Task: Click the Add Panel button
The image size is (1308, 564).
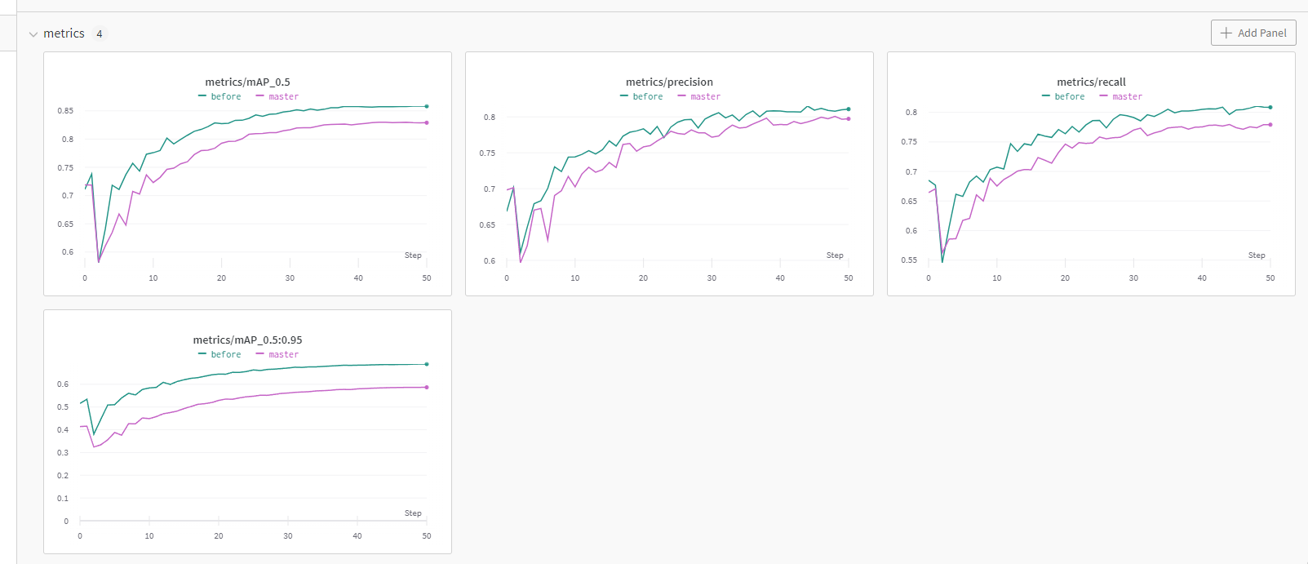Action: point(1253,33)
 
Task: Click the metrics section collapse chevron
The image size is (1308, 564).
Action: point(33,34)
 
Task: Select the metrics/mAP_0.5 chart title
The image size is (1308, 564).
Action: point(247,82)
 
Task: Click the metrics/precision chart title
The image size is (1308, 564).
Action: point(669,82)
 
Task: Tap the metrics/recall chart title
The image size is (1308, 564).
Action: point(1091,82)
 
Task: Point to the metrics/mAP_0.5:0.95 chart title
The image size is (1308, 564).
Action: point(247,340)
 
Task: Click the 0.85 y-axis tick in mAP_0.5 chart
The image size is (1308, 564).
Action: point(65,110)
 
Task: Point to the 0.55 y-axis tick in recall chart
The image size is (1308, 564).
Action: point(909,260)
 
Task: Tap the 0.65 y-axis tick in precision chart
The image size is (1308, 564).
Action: point(487,224)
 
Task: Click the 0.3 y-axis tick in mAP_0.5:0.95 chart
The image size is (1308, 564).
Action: point(63,452)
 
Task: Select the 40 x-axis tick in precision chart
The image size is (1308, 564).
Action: point(780,278)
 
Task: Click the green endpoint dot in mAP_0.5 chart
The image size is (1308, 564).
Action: point(427,106)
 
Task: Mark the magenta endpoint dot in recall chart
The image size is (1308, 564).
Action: point(1270,124)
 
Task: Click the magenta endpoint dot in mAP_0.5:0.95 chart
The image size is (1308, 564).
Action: point(427,387)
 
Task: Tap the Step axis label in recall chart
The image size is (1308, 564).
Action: point(1257,255)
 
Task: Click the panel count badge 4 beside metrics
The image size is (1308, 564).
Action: point(100,33)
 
